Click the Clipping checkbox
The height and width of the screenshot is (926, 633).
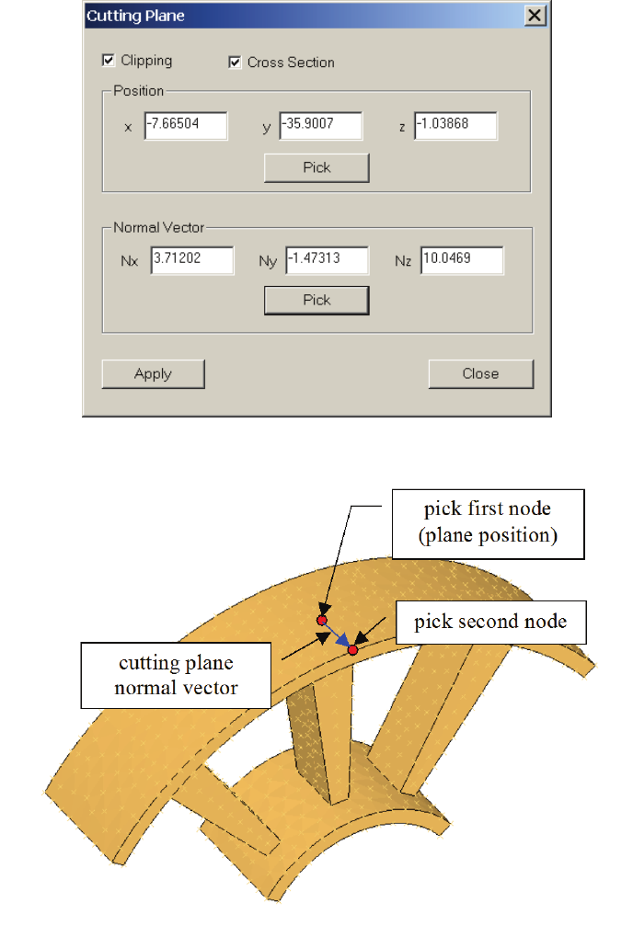(109, 61)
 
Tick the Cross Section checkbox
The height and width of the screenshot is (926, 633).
(235, 63)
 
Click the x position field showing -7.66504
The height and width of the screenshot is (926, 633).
(186, 126)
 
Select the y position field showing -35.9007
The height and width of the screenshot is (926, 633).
(320, 126)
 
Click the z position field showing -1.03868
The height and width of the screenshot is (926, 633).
(455, 126)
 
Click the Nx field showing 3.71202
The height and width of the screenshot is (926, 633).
(192, 259)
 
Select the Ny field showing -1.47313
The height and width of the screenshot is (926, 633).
(327, 259)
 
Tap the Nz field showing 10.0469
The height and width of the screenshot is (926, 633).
(462, 259)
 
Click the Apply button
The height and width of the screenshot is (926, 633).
(153, 373)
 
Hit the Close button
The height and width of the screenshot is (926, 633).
(480, 373)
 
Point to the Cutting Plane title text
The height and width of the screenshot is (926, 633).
(122, 16)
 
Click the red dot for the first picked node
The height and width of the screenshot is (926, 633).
(322, 621)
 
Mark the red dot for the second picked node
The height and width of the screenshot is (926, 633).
(352, 650)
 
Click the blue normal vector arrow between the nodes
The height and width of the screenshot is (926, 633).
(338, 636)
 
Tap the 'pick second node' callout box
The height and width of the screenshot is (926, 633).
(490, 623)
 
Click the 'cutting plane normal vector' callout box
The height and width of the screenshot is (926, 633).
(176, 675)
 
